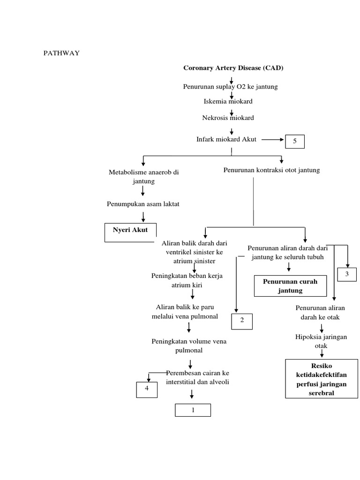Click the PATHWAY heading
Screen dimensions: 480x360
click(x=61, y=53)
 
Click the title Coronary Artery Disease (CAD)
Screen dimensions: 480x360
click(x=233, y=68)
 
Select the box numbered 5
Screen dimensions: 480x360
click(x=294, y=141)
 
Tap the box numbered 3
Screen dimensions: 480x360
click(x=347, y=274)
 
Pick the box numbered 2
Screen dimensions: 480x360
click(x=242, y=321)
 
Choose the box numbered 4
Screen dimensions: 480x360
click(x=147, y=390)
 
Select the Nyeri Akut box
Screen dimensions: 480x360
click(x=130, y=232)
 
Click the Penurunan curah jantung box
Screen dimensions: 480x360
click(x=290, y=286)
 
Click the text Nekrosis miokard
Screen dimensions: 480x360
click(x=228, y=118)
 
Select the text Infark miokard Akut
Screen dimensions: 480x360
click(x=226, y=140)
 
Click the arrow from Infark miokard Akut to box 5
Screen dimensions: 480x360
click(x=272, y=140)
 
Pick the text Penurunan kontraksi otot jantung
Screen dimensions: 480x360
click(x=271, y=170)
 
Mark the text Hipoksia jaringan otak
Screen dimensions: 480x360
click(x=315, y=341)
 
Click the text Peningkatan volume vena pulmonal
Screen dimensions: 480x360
click(x=189, y=345)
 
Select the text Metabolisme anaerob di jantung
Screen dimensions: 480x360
click(x=143, y=176)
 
